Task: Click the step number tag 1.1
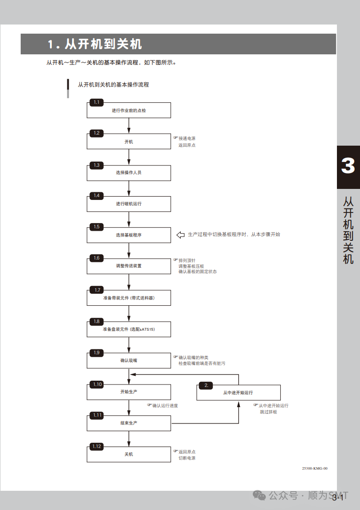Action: [x=97, y=102]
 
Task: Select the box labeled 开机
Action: [x=129, y=142]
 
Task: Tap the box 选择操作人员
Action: [x=129, y=173]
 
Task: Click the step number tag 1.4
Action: [x=97, y=196]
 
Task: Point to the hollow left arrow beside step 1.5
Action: [x=181, y=235]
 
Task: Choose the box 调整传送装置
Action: [x=129, y=266]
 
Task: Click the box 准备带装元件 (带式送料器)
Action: [x=129, y=298]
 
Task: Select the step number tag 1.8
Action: [x=97, y=321]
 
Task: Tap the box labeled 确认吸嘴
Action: [x=129, y=360]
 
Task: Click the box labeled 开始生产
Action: [x=129, y=392]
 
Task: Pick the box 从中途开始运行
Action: [x=238, y=393]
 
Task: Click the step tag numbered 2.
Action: [x=206, y=386]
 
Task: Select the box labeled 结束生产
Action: [x=129, y=423]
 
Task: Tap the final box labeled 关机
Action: [x=129, y=454]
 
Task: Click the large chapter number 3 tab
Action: [x=348, y=166]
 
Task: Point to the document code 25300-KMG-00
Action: [x=315, y=468]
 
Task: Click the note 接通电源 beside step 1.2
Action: [x=187, y=138]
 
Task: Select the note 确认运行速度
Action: [x=165, y=406]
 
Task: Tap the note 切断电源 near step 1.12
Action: [x=187, y=458]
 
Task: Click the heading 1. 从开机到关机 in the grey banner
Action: [x=95, y=45]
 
